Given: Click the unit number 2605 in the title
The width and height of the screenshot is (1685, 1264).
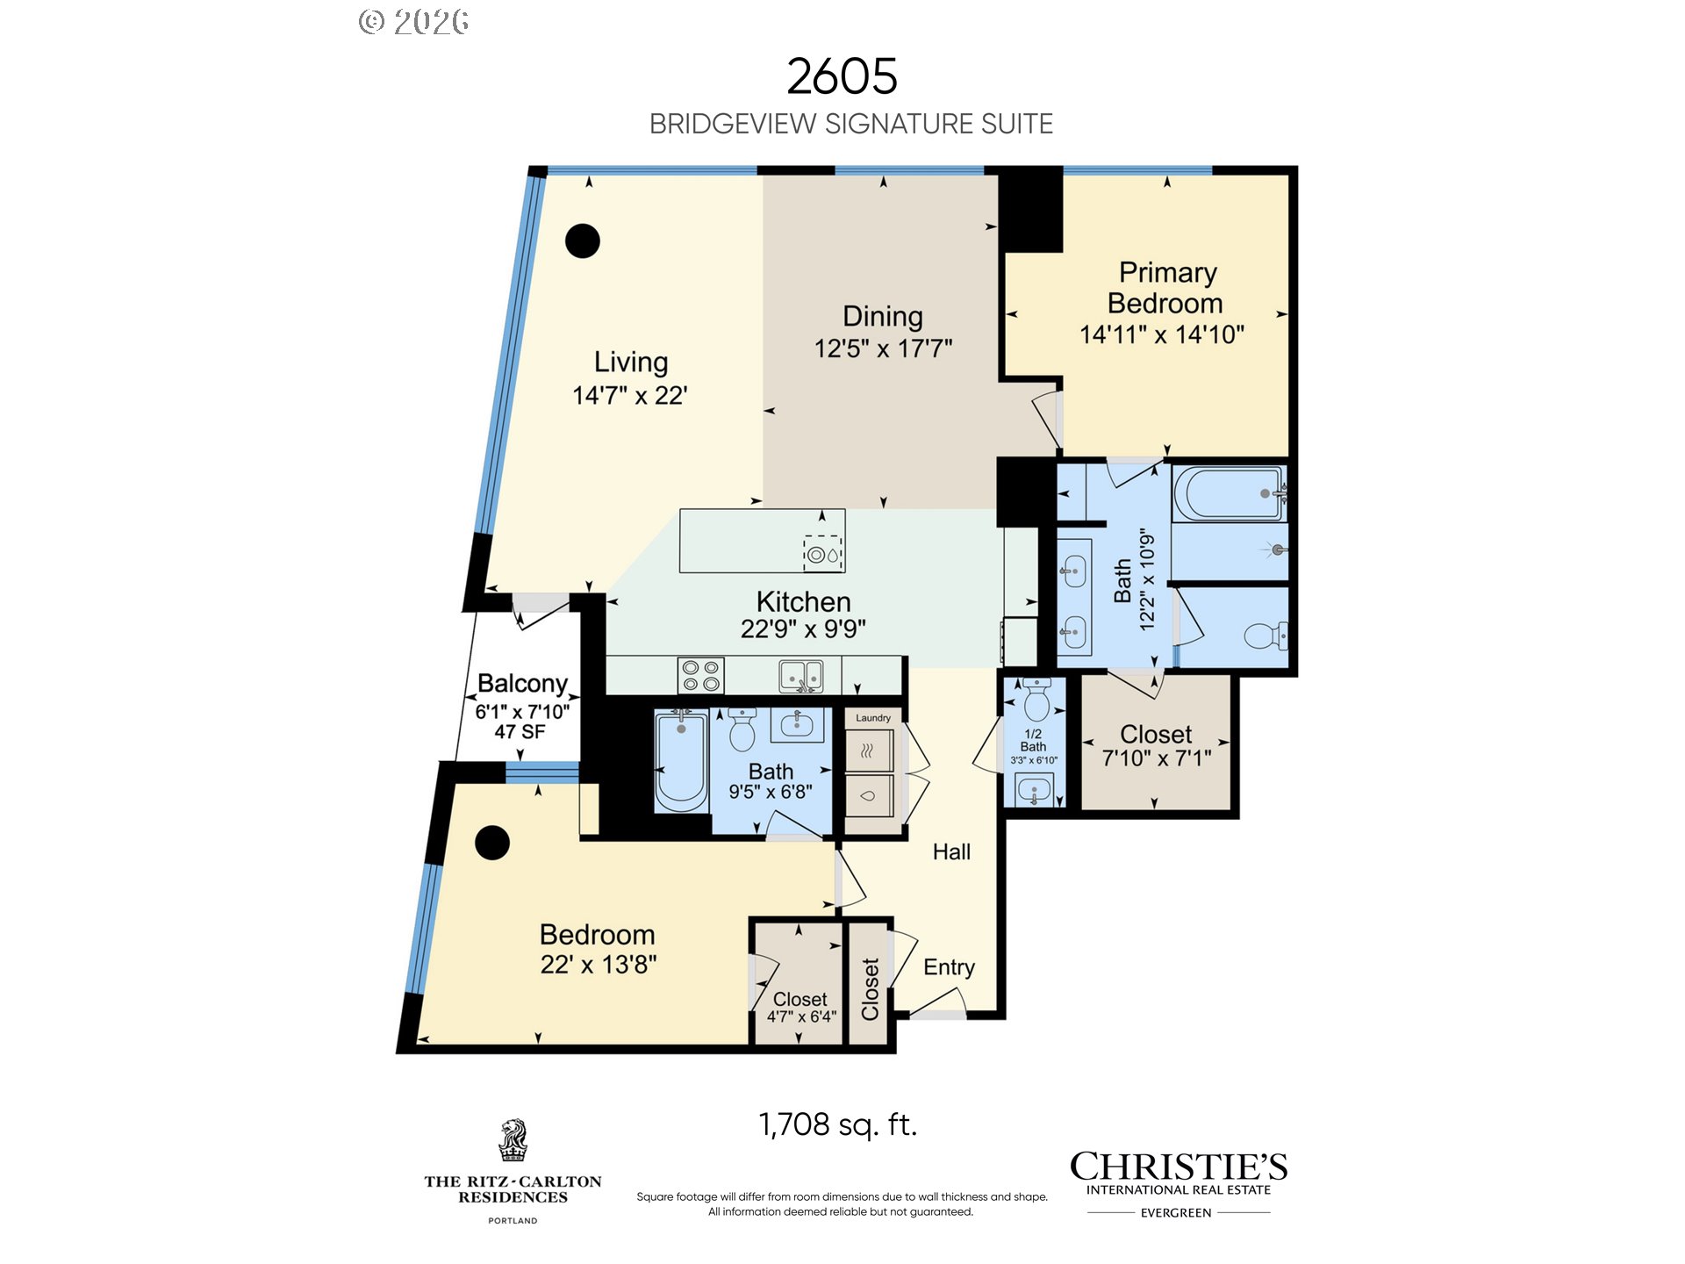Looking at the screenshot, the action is (842, 76).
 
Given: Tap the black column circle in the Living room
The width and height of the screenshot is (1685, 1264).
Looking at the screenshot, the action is (582, 241).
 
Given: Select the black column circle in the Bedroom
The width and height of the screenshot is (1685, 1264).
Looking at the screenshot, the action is (492, 843).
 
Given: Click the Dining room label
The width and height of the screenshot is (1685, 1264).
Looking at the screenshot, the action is (882, 316).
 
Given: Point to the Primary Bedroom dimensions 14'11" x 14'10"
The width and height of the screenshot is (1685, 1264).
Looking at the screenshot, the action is (1162, 334).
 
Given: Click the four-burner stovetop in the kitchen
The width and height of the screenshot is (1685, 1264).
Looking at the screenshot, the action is (700, 675).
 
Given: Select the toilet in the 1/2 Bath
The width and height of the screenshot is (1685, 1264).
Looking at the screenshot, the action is (1036, 699).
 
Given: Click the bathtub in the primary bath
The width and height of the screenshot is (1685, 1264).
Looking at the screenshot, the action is (1230, 494).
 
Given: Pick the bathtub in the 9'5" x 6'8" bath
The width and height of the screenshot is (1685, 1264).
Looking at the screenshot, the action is (682, 762).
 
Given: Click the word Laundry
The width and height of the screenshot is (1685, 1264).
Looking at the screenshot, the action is (873, 718).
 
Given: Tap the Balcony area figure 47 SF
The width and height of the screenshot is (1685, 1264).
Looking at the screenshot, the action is (520, 731).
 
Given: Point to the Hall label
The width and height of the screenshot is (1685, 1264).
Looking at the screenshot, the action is (951, 851).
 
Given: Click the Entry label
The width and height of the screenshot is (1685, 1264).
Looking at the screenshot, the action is (949, 967).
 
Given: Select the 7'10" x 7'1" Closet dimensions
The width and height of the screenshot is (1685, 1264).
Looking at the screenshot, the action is (1157, 758).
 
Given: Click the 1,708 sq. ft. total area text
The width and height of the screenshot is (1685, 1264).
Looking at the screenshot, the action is (838, 1124).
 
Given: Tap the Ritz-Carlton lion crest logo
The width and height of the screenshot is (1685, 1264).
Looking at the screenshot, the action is (513, 1140).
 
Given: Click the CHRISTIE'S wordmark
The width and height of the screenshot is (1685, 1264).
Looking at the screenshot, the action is (1179, 1167).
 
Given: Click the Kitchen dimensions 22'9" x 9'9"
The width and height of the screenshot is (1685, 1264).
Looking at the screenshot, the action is (803, 628).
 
